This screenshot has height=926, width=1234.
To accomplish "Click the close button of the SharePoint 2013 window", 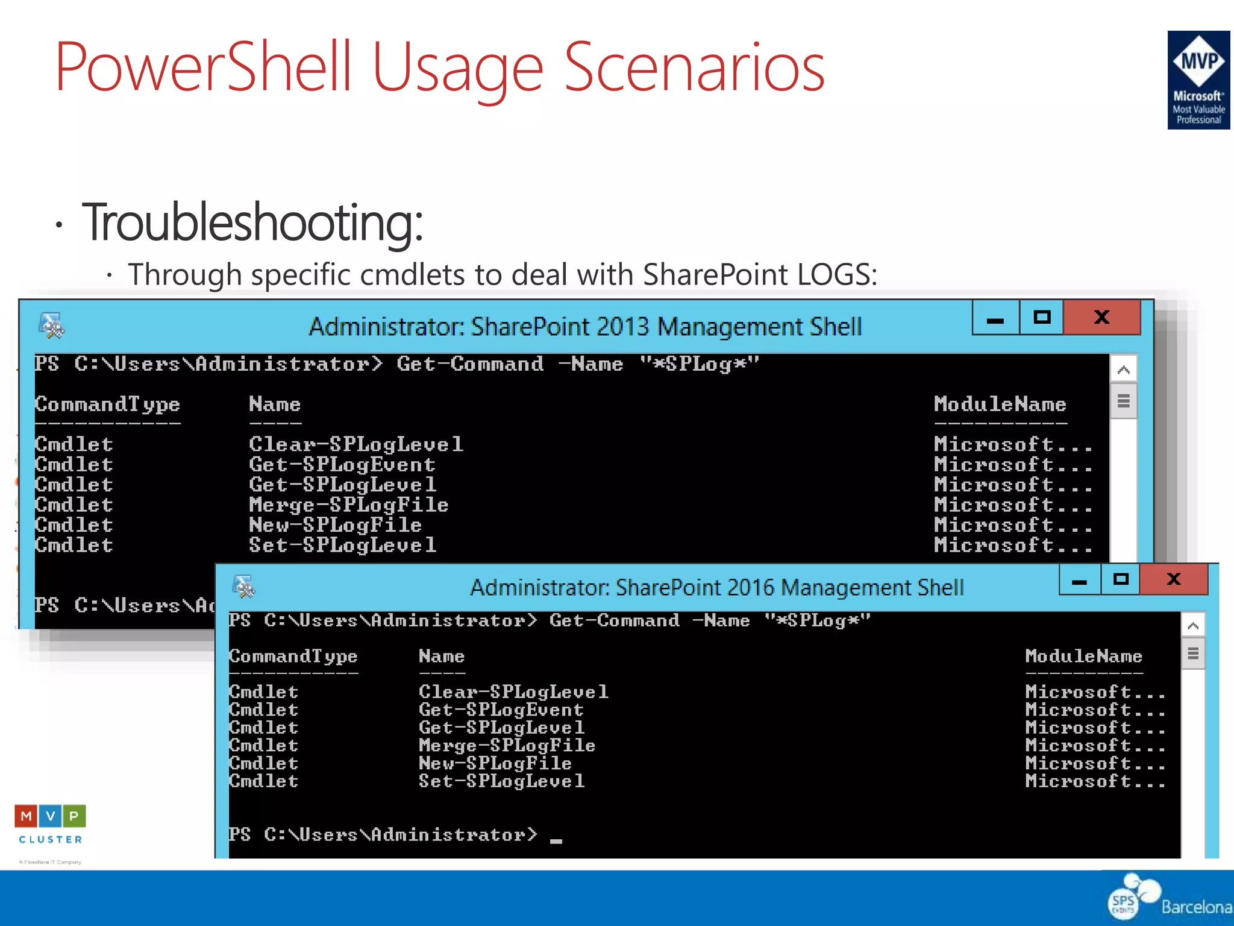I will pyautogui.click(x=1101, y=318).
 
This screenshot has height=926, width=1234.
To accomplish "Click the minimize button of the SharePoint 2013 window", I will pyautogui.click(x=995, y=318).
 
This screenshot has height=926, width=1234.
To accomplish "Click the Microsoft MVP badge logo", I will pyautogui.click(x=1198, y=80).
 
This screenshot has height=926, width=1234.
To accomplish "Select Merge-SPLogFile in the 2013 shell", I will pyautogui.click(x=348, y=505).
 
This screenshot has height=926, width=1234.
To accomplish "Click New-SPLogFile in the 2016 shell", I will pyautogui.click(x=495, y=764).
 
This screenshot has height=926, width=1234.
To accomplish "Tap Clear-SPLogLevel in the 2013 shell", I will pyautogui.click(x=355, y=445).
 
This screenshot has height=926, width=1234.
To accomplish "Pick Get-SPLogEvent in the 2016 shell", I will pyautogui.click(x=501, y=710).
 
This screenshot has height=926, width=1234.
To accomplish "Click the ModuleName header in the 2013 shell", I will pyautogui.click(x=1000, y=405).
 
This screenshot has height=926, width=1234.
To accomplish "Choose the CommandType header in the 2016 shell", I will pyautogui.click(x=293, y=657).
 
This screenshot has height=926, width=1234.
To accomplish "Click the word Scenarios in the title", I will pyautogui.click(x=694, y=68).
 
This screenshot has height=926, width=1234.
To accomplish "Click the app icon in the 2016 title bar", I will pyautogui.click(x=244, y=587).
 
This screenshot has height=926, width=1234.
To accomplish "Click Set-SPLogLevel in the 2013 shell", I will pyautogui.click(x=342, y=546).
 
